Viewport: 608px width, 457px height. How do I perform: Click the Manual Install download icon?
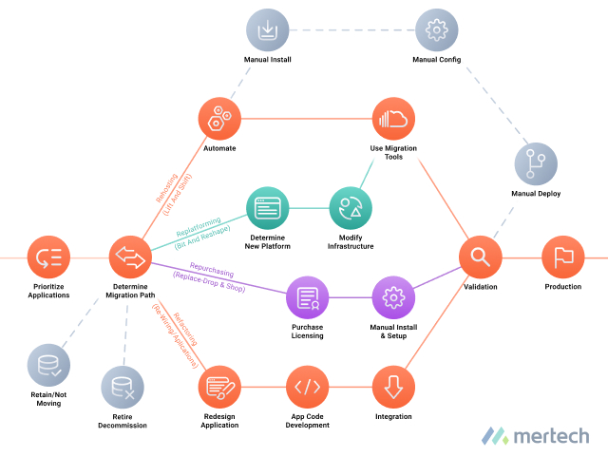click(267, 30)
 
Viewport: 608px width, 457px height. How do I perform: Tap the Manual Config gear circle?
click(436, 30)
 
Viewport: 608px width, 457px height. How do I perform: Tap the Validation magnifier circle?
click(480, 257)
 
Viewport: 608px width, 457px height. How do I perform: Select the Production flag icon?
click(562, 257)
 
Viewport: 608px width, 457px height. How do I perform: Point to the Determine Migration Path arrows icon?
click(131, 257)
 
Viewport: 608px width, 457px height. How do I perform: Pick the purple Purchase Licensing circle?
click(308, 298)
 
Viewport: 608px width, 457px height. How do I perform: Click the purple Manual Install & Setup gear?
click(393, 298)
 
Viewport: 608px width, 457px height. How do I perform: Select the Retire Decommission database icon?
click(123, 387)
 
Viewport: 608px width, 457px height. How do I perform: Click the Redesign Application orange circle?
click(219, 387)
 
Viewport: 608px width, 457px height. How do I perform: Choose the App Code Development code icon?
click(308, 387)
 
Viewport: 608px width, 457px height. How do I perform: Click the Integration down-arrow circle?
click(393, 387)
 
